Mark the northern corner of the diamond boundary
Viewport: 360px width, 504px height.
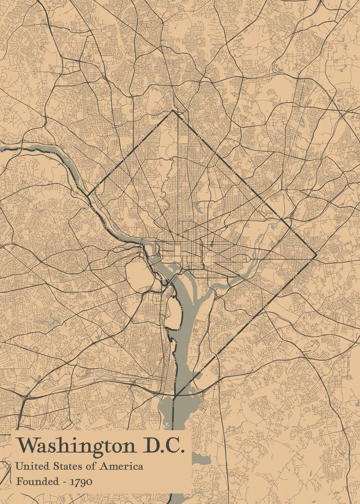pos(173,111)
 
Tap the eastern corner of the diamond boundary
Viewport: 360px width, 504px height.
pos(315,255)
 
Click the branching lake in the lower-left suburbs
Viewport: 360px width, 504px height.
pos(50,321)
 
